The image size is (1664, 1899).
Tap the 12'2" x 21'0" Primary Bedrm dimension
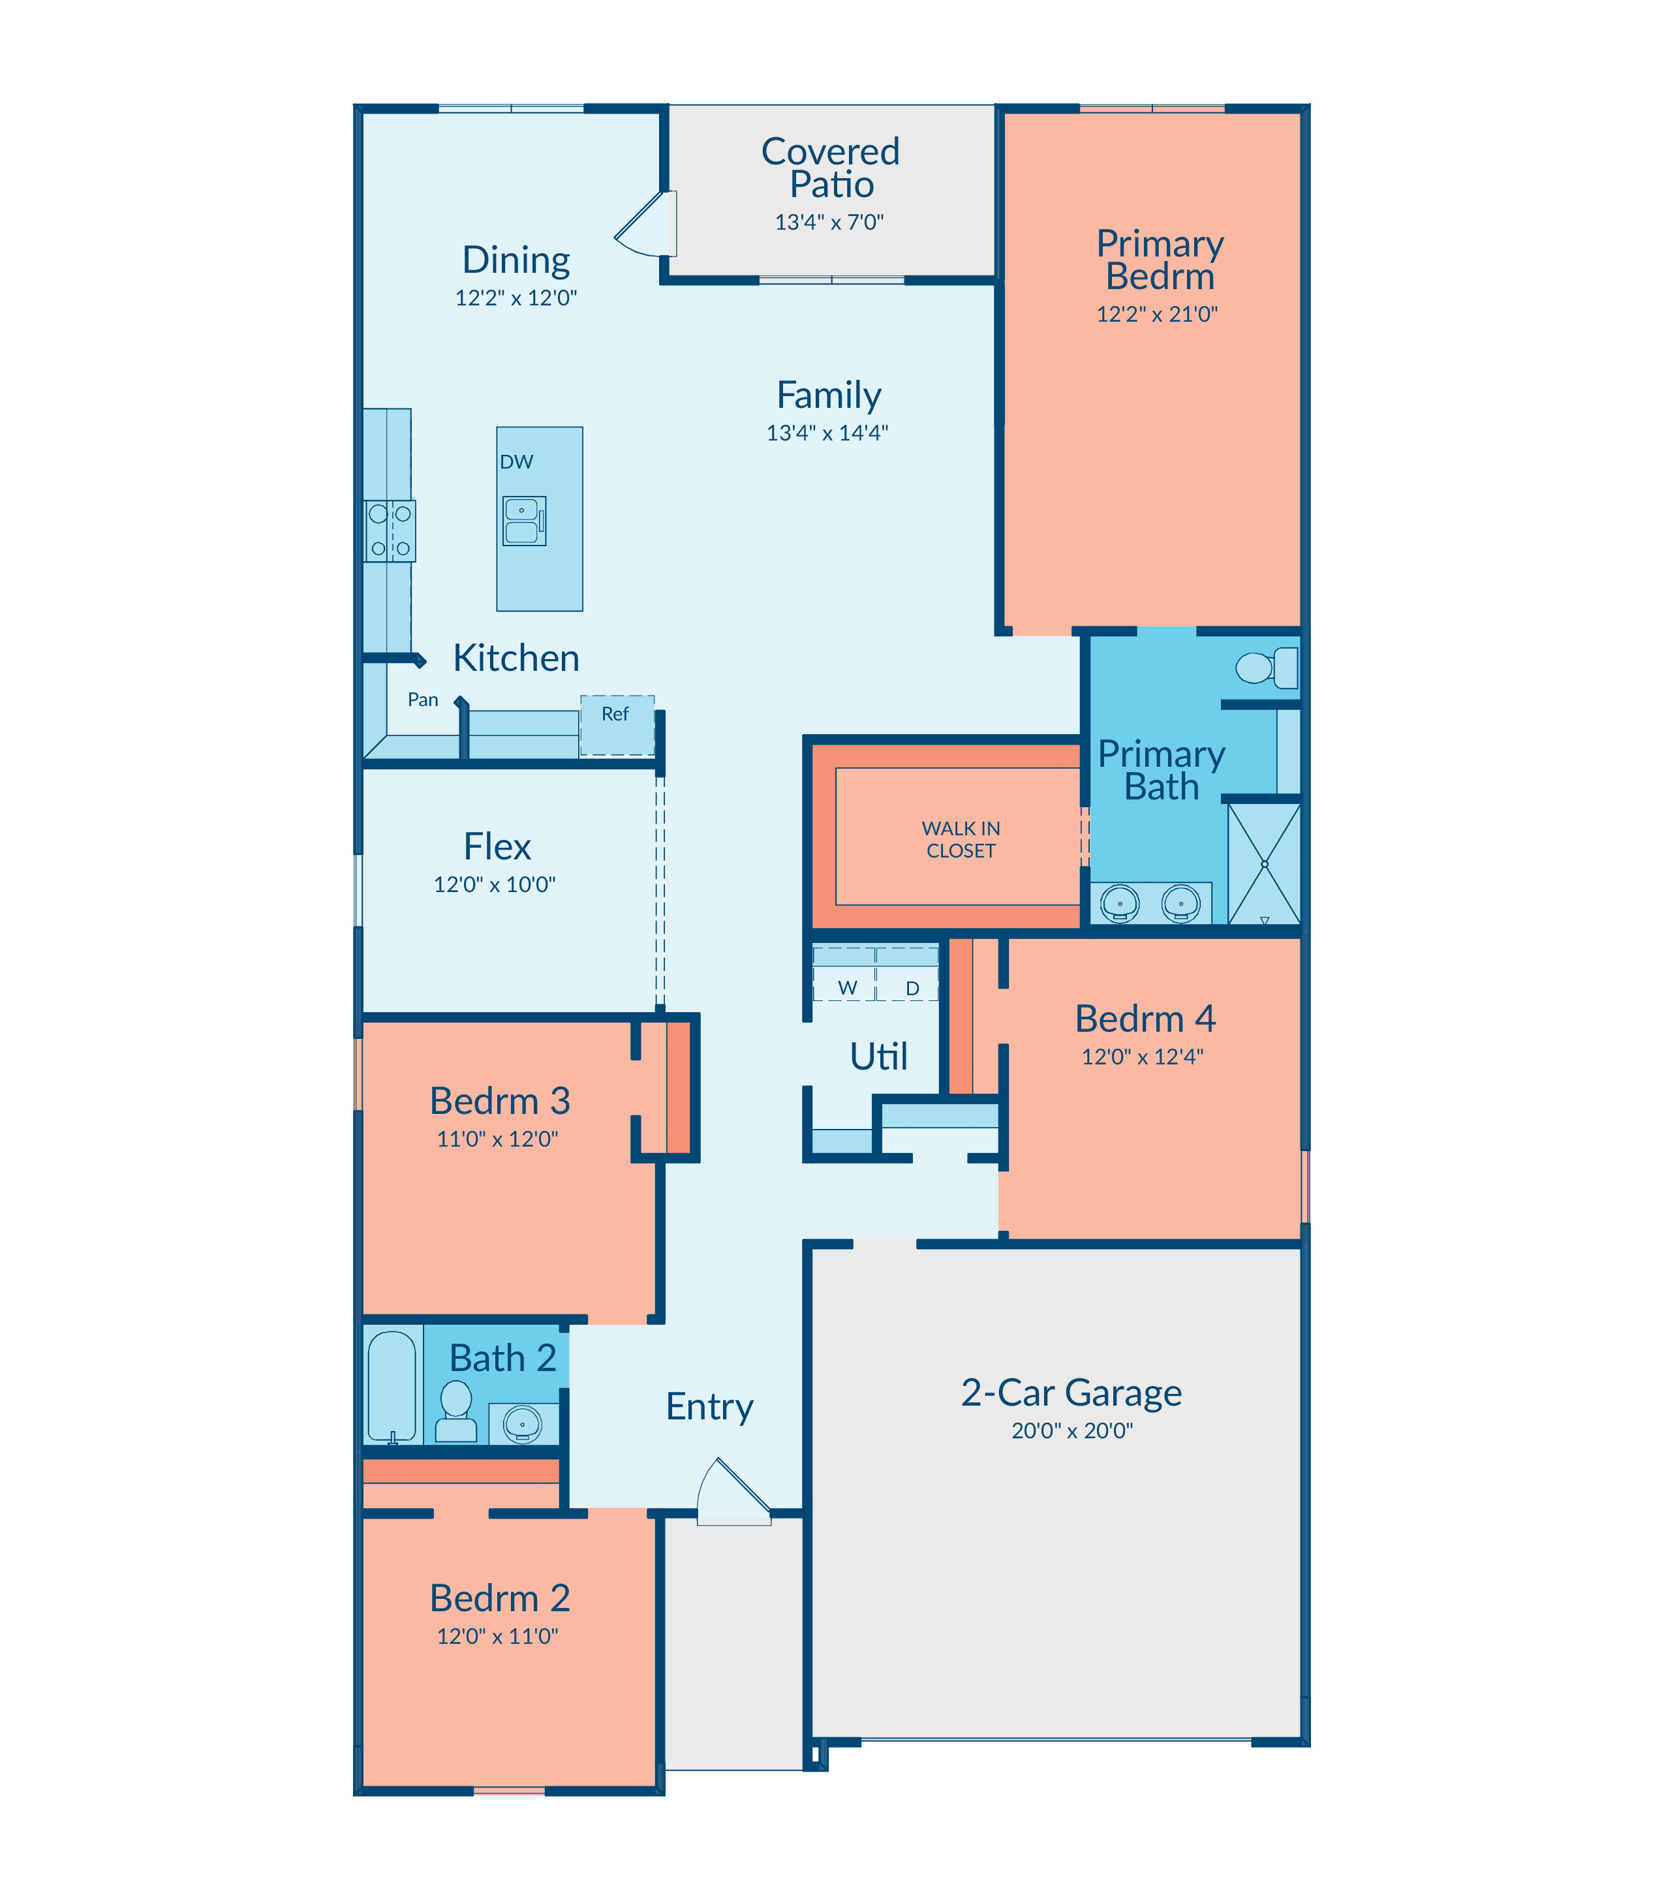pyautogui.click(x=1157, y=314)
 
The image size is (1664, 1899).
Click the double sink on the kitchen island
pyautogui.click(x=525, y=520)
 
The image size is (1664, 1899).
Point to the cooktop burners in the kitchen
pyautogui.click(x=390, y=531)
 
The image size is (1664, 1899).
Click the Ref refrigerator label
pyautogui.click(x=615, y=714)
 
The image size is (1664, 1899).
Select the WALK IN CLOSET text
pyautogui.click(x=961, y=839)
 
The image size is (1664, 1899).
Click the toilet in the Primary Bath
pyautogui.click(x=1267, y=668)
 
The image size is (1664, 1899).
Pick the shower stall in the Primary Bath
pyautogui.click(x=1264, y=863)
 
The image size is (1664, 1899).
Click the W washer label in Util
pyautogui.click(x=847, y=988)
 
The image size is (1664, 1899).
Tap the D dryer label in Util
pyautogui.click(x=913, y=989)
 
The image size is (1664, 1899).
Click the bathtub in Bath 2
pyautogui.click(x=392, y=1387)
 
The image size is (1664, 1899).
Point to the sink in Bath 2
pyautogui.click(x=523, y=1423)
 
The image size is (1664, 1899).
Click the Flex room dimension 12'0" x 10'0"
pyautogui.click(x=494, y=884)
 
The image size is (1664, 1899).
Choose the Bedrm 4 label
pyautogui.click(x=1145, y=1019)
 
